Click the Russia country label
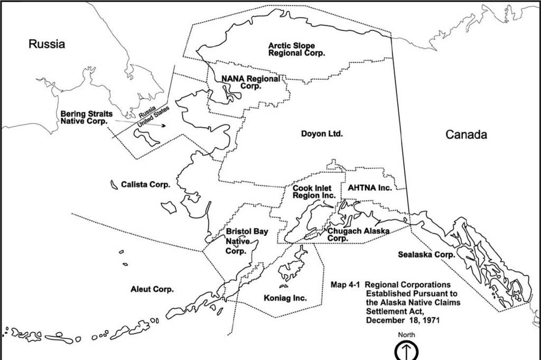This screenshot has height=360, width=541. pos(47,44)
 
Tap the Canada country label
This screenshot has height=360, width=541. pos(466,135)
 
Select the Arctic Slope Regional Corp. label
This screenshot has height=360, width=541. pos(296,50)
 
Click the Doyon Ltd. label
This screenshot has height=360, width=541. pos(322,134)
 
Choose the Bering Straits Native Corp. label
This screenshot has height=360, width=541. pos(86,117)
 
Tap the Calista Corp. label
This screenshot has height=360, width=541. pos(145,185)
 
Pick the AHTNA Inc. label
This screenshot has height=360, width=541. pos(370,188)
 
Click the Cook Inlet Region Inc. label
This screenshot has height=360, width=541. pos(314,192)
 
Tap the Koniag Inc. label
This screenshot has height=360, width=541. pos(285,298)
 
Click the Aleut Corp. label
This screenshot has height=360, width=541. pos(152,289)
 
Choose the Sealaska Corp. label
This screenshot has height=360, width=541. pos(426,254)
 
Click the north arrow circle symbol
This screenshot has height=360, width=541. pos(407,350)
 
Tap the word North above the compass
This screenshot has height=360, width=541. pos(407,335)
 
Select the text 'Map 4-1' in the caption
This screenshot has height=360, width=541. pos(345,285)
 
